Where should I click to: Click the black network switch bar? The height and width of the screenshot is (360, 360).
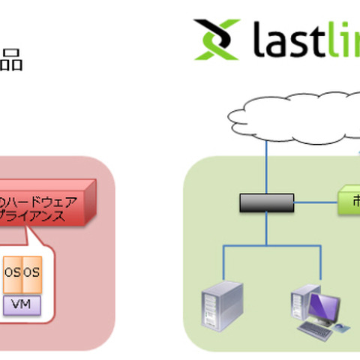pyautogui.click(x=266, y=202)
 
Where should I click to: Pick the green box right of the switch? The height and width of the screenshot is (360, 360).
pyautogui.click(x=347, y=201)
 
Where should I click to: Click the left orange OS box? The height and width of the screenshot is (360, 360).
pyautogui.click(x=12, y=271)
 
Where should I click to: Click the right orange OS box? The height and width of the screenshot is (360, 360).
pyautogui.click(x=31, y=271)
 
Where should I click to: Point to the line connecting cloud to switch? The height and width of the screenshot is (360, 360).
pyautogui.click(x=266, y=168)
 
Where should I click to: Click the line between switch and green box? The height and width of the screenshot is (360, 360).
pyautogui.click(x=314, y=202)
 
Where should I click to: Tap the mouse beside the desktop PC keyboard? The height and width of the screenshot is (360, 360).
pyautogui.click(x=342, y=328)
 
